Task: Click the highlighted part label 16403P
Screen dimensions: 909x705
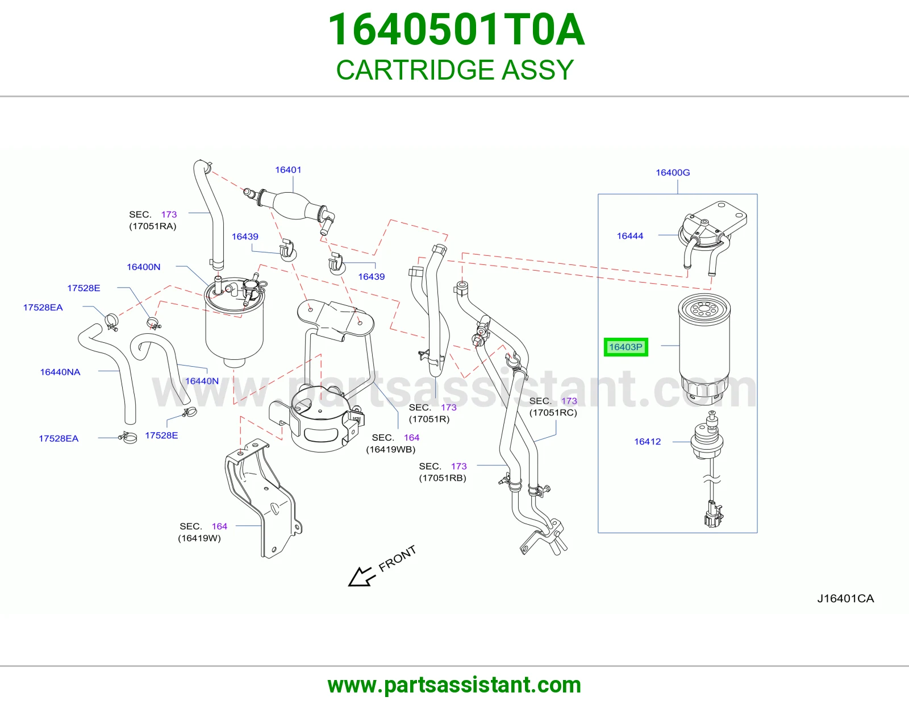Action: click(x=626, y=347)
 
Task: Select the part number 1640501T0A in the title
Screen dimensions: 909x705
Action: click(x=456, y=30)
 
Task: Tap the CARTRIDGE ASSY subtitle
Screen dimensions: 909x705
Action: click(x=454, y=69)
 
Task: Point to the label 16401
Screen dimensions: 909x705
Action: click(x=288, y=169)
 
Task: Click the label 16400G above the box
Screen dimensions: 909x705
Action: click(x=673, y=172)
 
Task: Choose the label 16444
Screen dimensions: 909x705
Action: click(x=630, y=236)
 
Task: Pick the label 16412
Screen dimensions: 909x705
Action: click(x=648, y=441)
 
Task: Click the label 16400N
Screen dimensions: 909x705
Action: click(x=144, y=267)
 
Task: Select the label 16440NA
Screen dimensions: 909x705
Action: click(x=60, y=372)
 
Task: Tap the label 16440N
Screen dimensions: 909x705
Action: click(x=202, y=381)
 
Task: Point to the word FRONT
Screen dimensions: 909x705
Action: click(x=397, y=558)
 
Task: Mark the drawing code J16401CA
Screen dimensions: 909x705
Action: click(x=845, y=599)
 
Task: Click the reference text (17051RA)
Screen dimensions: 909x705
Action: click(x=153, y=226)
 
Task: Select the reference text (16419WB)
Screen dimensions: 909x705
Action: click(x=391, y=449)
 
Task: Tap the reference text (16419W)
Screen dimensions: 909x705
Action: click(x=199, y=538)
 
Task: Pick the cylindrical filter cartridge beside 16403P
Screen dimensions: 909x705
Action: click(x=704, y=350)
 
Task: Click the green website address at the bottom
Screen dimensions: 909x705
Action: click(x=454, y=685)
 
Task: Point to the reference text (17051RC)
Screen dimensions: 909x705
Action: click(x=553, y=412)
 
